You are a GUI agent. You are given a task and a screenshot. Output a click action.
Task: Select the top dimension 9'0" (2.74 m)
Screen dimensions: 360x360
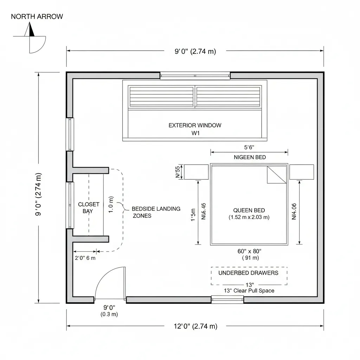(x=195, y=51)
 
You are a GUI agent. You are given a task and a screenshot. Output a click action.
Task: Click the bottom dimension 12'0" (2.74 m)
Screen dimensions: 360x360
(x=195, y=326)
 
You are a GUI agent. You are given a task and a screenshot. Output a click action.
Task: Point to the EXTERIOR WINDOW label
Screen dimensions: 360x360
(x=195, y=125)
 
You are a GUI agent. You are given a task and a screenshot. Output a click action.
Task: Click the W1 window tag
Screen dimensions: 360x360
(x=195, y=133)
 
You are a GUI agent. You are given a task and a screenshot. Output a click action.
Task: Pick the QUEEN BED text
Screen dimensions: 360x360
(x=249, y=210)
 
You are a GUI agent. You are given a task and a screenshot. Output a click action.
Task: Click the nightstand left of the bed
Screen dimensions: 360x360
(x=196, y=172)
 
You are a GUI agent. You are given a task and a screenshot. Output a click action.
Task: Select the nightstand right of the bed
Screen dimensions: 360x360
(x=302, y=172)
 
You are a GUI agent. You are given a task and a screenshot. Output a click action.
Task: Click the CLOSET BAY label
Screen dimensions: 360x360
(x=89, y=207)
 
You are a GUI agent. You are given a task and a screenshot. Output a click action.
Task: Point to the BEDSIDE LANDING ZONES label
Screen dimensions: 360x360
(x=156, y=212)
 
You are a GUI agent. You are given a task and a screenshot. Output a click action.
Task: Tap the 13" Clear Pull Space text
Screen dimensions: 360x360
(x=249, y=291)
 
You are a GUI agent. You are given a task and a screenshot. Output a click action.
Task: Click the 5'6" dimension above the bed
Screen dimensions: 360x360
(x=249, y=148)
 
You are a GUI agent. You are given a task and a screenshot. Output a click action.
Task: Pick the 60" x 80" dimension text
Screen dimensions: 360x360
(x=249, y=251)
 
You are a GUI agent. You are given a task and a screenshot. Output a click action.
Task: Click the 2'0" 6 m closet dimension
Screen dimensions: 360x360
(x=85, y=258)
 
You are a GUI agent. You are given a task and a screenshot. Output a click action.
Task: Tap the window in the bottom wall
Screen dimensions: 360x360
(x=227, y=300)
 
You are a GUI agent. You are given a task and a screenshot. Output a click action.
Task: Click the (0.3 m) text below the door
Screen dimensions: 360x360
(x=109, y=314)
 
